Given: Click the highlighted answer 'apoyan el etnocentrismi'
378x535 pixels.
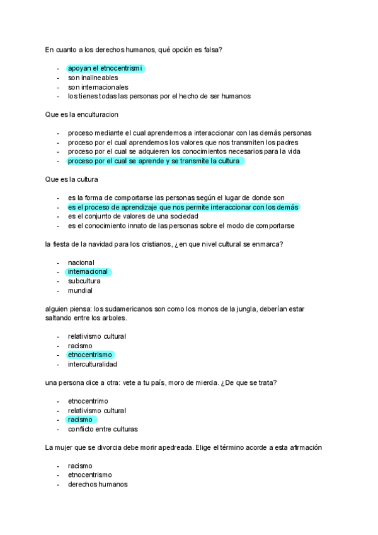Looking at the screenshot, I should pyautogui.click(x=105, y=68).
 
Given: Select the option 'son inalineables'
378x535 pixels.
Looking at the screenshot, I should pyautogui.click(x=93, y=78).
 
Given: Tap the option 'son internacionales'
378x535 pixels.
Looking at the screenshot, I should pyautogui.click(x=98, y=87).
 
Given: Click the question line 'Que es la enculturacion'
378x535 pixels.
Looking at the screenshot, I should pyautogui.click(x=82, y=115).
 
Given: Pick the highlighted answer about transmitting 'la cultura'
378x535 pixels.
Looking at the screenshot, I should pyautogui.click(x=154, y=161).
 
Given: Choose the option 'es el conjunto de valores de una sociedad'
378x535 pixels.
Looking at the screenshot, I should pyautogui.click(x=137, y=216).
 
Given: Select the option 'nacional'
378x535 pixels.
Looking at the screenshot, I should pyautogui.click(x=81, y=262).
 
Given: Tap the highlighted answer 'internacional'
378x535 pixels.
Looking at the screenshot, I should pyautogui.click(x=88, y=272).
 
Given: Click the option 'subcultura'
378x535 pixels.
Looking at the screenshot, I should pyautogui.click(x=84, y=281).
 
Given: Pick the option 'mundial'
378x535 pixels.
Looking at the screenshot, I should pyautogui.click(x=80, y=291).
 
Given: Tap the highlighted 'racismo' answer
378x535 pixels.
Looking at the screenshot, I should pyautogui.click(x=80, y=420).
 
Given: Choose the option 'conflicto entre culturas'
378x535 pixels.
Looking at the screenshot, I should pyautogui.click(x=103, y=429).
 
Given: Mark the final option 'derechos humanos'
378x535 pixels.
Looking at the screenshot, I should pyautogui.click(x=98, y=485).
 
